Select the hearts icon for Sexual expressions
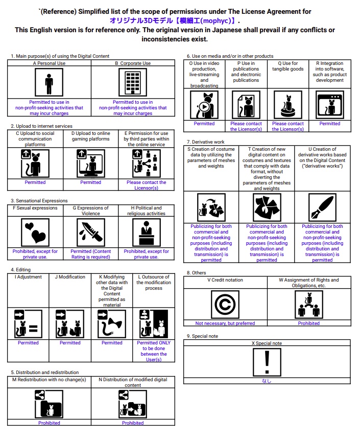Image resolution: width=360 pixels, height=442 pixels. click(35, 233)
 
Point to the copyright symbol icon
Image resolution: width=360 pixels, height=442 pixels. click(225, 305)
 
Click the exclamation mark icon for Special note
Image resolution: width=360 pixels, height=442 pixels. click(267, 362)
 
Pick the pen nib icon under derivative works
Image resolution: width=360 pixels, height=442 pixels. click(322, 207)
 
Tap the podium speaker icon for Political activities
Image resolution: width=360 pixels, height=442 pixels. click(147, 233)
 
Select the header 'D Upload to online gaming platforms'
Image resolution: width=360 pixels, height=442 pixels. click(91, 136)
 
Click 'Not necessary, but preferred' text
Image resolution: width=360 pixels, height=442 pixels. click(225, 323)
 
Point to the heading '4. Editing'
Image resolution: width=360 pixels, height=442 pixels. click(21, 269)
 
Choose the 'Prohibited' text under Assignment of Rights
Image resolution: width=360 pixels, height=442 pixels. click(309, 323)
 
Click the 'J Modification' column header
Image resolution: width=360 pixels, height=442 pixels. click(70, 277)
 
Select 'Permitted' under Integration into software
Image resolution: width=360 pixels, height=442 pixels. click(330, 124)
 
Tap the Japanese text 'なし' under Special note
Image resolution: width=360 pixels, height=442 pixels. click(267, 381)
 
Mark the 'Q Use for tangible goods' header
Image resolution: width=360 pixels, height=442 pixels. click(288, 66)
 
